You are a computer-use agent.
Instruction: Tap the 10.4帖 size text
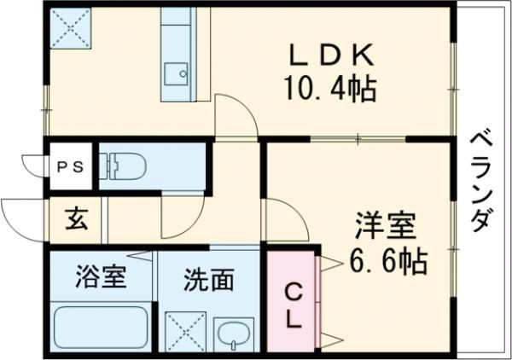coord(330,88)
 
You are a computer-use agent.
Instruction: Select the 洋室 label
coord(386,229)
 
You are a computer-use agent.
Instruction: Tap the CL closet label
coord(292,307)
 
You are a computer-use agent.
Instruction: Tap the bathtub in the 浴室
coord(101,328)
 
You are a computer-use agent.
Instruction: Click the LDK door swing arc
coord(234,115)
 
